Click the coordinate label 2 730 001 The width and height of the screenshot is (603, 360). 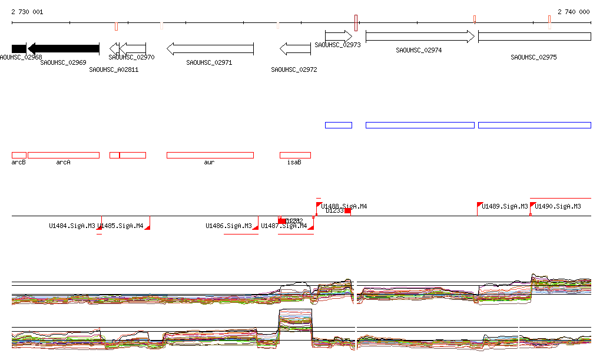click(x=27, y=12)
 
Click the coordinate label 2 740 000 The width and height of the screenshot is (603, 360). click(x=573, y=12)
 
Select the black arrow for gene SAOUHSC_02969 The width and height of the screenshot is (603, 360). click(x=64, y=48)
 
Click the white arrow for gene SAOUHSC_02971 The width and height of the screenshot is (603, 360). click(x=210, y=48)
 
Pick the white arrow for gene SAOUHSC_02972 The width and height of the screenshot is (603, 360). click(x=295, y=48)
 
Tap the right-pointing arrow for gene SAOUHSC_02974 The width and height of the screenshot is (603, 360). click(x=420, y=37)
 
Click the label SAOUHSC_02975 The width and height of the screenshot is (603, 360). click(x=534, y=58)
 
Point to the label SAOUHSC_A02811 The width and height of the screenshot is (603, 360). click(x=114, y=70)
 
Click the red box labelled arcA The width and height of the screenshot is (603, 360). click(x=63, y=155)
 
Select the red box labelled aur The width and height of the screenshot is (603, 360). click(x=210, y=155)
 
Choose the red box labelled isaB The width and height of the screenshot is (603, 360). click(x=295, y=155)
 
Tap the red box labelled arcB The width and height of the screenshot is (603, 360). click(x=19, y=155)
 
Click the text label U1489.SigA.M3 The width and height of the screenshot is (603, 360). click(x=505, y=207)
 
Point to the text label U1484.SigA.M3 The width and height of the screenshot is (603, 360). click(x=72, y=226)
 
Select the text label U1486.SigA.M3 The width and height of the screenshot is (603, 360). click(x=228, y=226)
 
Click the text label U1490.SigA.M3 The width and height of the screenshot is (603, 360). click(x=558, y=207)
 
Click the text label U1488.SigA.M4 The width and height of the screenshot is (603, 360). click(x=344, y=207)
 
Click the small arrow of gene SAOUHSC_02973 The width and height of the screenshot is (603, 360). click(x=339, y=37)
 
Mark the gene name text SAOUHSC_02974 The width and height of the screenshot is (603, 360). click(x=419, y=51)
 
